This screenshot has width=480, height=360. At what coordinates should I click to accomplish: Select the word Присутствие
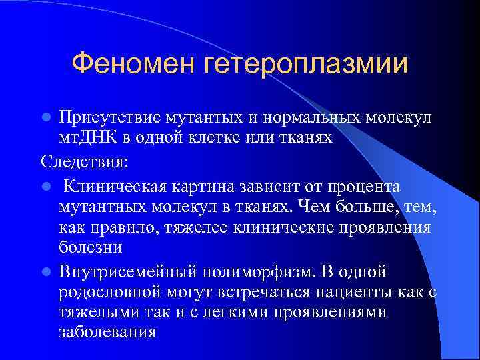click(x=111, y=117)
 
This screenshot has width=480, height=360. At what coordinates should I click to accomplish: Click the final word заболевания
click(x=107, y=331)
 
